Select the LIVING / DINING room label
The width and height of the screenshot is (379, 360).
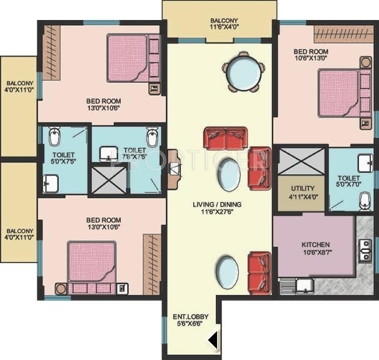coord(217,204)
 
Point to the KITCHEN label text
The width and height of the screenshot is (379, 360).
coord(315,244)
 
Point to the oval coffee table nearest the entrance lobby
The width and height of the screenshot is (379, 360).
coord(226,273)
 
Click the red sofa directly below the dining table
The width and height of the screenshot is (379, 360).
coord(225,137)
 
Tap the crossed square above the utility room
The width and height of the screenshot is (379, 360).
coord(301,161)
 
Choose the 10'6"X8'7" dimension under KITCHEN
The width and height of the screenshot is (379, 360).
coord(315,254)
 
